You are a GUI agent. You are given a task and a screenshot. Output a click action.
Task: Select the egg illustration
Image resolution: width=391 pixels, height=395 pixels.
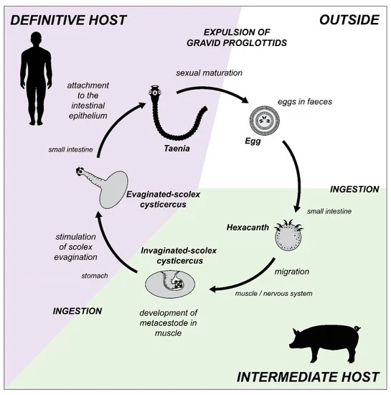coord(265,120)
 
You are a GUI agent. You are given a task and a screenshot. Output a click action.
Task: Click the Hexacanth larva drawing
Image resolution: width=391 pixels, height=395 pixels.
coord(288,236)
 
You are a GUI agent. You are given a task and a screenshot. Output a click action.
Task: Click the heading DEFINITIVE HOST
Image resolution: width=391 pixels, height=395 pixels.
coord(68,20)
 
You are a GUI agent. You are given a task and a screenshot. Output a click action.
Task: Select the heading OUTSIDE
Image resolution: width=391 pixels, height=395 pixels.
coord(349,20)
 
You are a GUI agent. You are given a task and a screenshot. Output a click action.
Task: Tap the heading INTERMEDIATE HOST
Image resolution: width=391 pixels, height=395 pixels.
coord(308,377)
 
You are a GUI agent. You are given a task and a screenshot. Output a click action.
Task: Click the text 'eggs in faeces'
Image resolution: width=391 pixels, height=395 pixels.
coord(305,101)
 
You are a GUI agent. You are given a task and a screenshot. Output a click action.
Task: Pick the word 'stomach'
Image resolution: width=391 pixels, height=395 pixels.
coord(95,276)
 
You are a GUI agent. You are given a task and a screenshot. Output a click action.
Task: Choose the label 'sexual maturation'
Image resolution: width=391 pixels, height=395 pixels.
coord(209,73)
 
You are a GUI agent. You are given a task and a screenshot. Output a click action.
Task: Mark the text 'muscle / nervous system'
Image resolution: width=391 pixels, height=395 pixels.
coord(274,294)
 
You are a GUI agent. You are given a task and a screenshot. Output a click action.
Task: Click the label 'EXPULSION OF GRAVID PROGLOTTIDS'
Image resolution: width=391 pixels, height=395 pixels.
coord(237,37)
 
